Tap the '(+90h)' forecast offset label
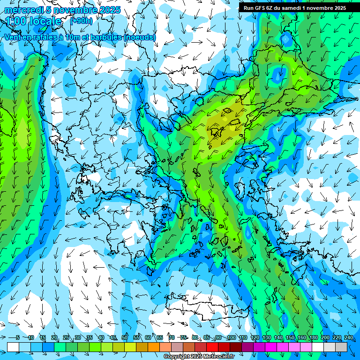pos(81,21)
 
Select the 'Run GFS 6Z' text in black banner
pos(258,8)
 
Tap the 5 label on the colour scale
pos(17,337)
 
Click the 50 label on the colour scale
pos(125,337)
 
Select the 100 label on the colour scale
pos(231,337)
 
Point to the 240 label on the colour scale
pos(349,337)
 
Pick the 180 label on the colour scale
pos(314,337)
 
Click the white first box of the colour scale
pos(13,347)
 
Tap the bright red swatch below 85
pos(212,347)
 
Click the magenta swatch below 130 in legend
pos(271,347)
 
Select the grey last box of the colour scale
pos(341,347)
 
